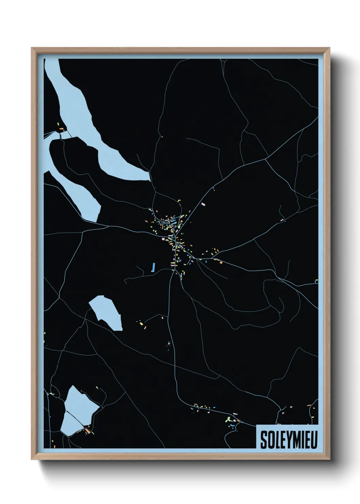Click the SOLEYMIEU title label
(289, 440)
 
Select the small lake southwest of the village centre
(107, 312)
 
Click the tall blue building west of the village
(153, 267)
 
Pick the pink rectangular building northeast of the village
(203, 204)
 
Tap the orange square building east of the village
(220, 263)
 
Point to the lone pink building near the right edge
(282, 220)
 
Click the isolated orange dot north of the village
(162, 137)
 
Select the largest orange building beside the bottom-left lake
(88, 431)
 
